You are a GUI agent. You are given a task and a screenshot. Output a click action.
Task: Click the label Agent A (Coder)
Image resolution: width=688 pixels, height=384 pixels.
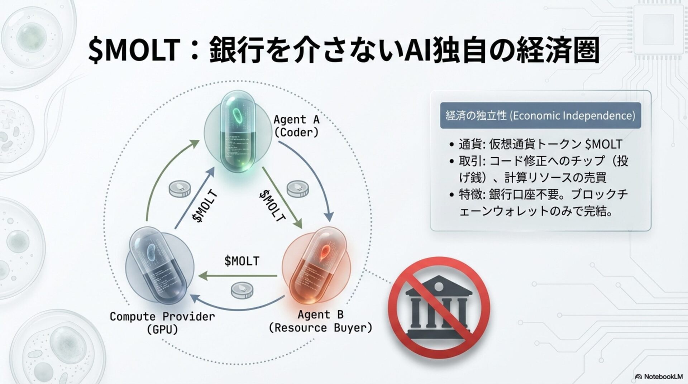coord(296,126)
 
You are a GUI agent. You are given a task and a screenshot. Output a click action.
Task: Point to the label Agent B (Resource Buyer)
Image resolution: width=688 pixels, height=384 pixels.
coord(320,321)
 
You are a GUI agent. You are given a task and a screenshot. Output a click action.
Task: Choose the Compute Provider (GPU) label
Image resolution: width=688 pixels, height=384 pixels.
coord(162,323)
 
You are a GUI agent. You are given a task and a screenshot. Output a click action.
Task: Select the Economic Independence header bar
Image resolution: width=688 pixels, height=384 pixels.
coord(540,115)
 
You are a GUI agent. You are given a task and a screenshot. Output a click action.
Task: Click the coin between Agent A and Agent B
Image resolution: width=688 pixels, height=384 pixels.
coord(298,189)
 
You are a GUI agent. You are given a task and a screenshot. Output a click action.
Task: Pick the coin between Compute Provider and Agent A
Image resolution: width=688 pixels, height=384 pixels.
coord(180,188)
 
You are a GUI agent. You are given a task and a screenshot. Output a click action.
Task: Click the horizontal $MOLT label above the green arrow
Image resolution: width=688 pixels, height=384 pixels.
coord(242,261)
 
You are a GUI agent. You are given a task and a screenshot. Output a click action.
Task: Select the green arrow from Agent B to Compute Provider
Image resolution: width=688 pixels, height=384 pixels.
coord(238,276)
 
